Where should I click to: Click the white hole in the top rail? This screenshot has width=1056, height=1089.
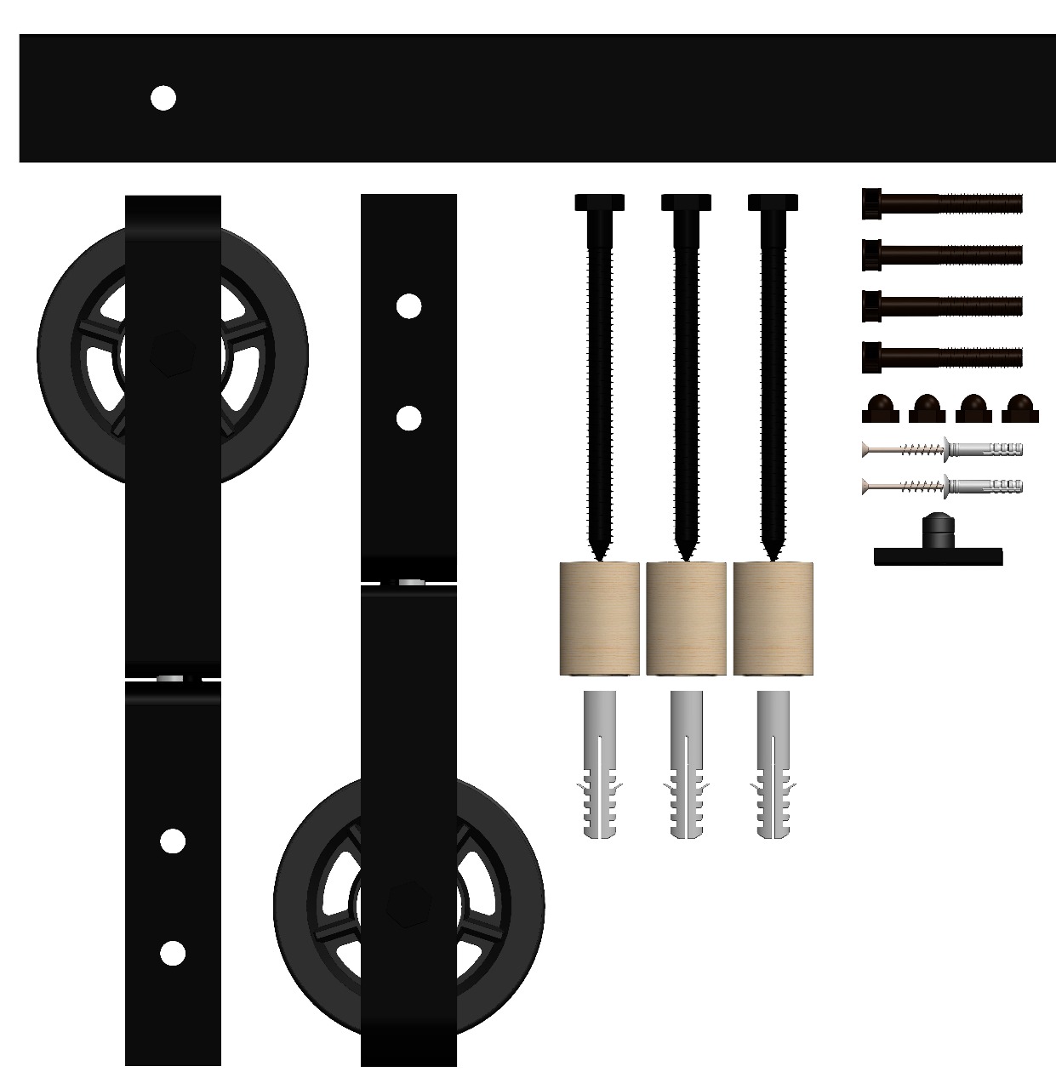click(x=163, y=98)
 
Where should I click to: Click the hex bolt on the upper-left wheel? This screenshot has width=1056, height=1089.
click(x=173, y=355)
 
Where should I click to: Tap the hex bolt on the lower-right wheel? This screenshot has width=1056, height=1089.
click(x=408, y=904)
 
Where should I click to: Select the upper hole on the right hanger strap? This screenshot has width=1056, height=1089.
click(x=408, y=306)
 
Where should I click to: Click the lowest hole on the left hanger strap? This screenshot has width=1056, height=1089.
click(x=173, y=953)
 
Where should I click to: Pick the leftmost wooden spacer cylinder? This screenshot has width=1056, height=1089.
click(x=599, y=619)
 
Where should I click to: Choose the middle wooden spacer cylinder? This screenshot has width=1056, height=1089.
click(x=686, y=619)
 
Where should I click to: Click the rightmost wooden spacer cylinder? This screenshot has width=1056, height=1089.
click(x=773, y=619)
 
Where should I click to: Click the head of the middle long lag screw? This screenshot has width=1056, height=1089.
click(x=686, y=202)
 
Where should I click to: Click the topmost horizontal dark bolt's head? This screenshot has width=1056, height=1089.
click(x=871, y=203)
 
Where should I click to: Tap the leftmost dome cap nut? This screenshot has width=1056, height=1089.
click(x=880, y=410)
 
